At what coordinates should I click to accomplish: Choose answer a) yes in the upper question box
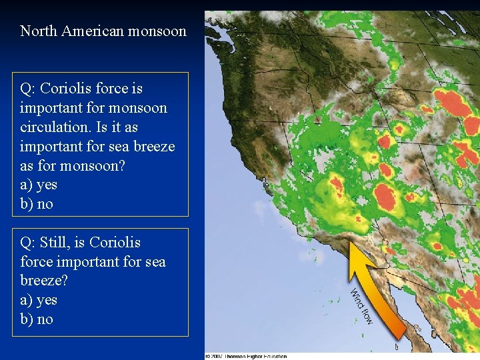tap(39, 185)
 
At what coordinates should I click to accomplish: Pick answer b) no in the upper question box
tap(37, 204)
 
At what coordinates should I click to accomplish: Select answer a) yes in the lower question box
tap(39, 300)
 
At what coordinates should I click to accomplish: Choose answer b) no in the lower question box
tap(37, 319)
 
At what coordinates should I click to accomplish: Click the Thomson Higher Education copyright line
tap(247, 356)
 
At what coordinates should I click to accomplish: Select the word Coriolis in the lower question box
tap(115, 242)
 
